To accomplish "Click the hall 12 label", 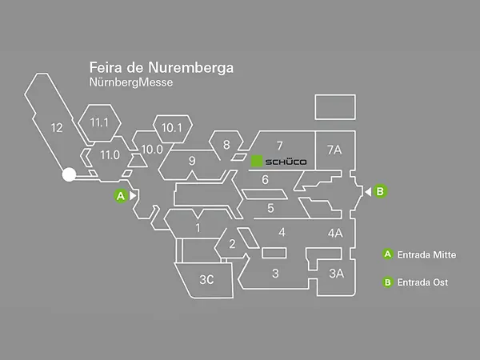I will (x=56, y=127).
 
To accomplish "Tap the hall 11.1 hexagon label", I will (x=99, y=122).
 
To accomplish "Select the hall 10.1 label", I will (x=171, y=127).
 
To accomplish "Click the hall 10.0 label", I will (x=152, y=148).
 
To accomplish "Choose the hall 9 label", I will (x=192, y=161).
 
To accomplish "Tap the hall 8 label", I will (x=226, y=145).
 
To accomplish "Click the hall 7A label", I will (x=334, y=150).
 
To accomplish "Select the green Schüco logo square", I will (x=257, y=162).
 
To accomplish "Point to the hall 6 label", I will (x=266, y=179).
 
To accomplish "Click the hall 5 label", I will (x=270, y=209).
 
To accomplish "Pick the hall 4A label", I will (x=335, y=234).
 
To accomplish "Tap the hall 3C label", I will (x=206, y=279).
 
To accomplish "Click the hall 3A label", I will (x=337, y=274).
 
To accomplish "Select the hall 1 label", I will (x=198, y=229).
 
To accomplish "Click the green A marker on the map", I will (x=120, y=195).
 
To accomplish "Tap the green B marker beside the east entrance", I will (x=380, y=191).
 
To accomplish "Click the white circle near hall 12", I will (x=69, y=174).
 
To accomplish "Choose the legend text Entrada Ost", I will (x=422, y=282).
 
